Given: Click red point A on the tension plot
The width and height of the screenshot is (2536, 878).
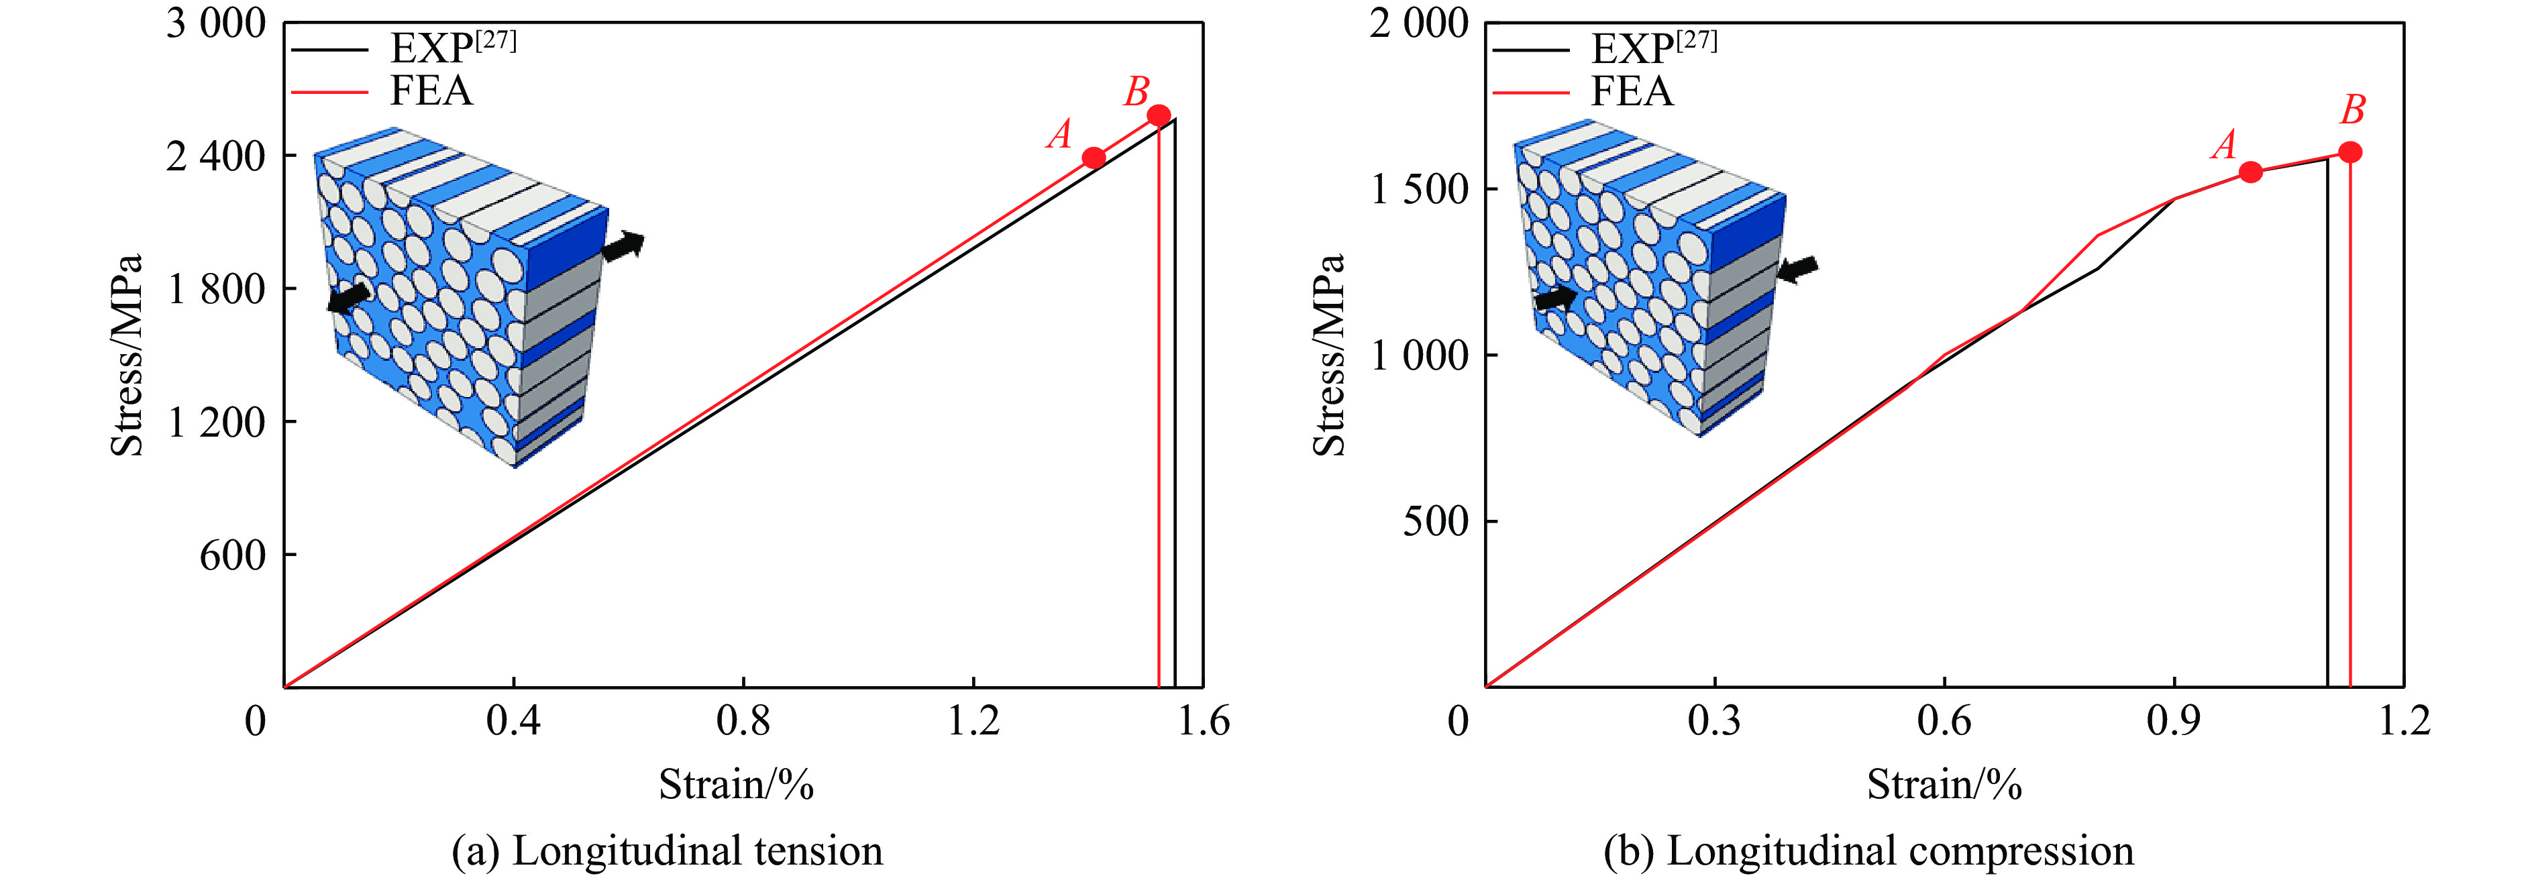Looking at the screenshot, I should click(x=1093, y=158).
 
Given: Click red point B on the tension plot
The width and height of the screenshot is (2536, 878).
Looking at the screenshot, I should click(x=1159, y=115).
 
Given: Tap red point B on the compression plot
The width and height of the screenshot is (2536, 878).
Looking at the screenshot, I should click(x=2350, y=152).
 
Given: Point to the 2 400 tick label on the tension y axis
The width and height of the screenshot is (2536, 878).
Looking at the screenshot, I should click(x=215, y=156).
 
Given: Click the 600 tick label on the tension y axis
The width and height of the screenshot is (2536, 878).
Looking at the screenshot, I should click(x=232, y=555).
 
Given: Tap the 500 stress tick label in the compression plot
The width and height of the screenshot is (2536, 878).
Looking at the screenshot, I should click(x=1435, y=520).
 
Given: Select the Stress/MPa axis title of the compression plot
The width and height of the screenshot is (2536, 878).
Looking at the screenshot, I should click(x=1329, y=354).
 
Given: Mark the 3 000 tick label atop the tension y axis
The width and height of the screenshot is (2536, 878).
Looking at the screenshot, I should click(x=215, y=23).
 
